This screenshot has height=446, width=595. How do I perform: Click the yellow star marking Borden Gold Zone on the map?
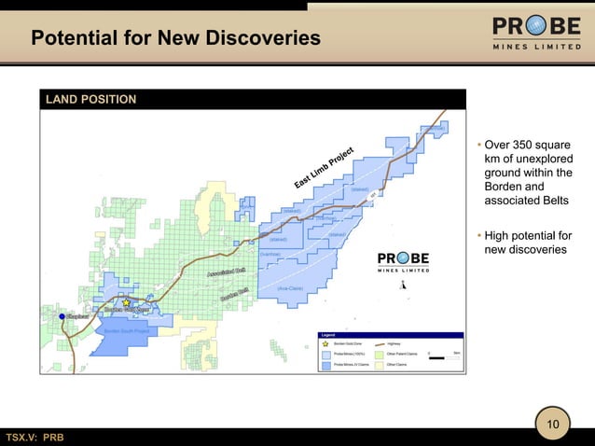click(x=126, y=303)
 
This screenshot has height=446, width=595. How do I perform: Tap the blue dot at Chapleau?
click(x=62, y=317)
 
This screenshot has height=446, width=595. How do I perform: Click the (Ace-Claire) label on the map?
click(x=290, y=288)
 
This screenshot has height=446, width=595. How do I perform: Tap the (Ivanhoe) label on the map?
click(x=270, y=254)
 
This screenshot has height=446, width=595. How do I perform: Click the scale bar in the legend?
click(x=441, y=355)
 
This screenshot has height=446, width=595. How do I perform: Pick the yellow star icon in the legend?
click(x=325, y=344)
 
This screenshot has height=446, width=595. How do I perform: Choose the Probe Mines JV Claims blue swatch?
click(x=325, y=365)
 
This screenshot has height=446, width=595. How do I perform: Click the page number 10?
click(x=553, y=425)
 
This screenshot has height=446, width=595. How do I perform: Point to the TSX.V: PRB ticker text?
click(x=35, y=438)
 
